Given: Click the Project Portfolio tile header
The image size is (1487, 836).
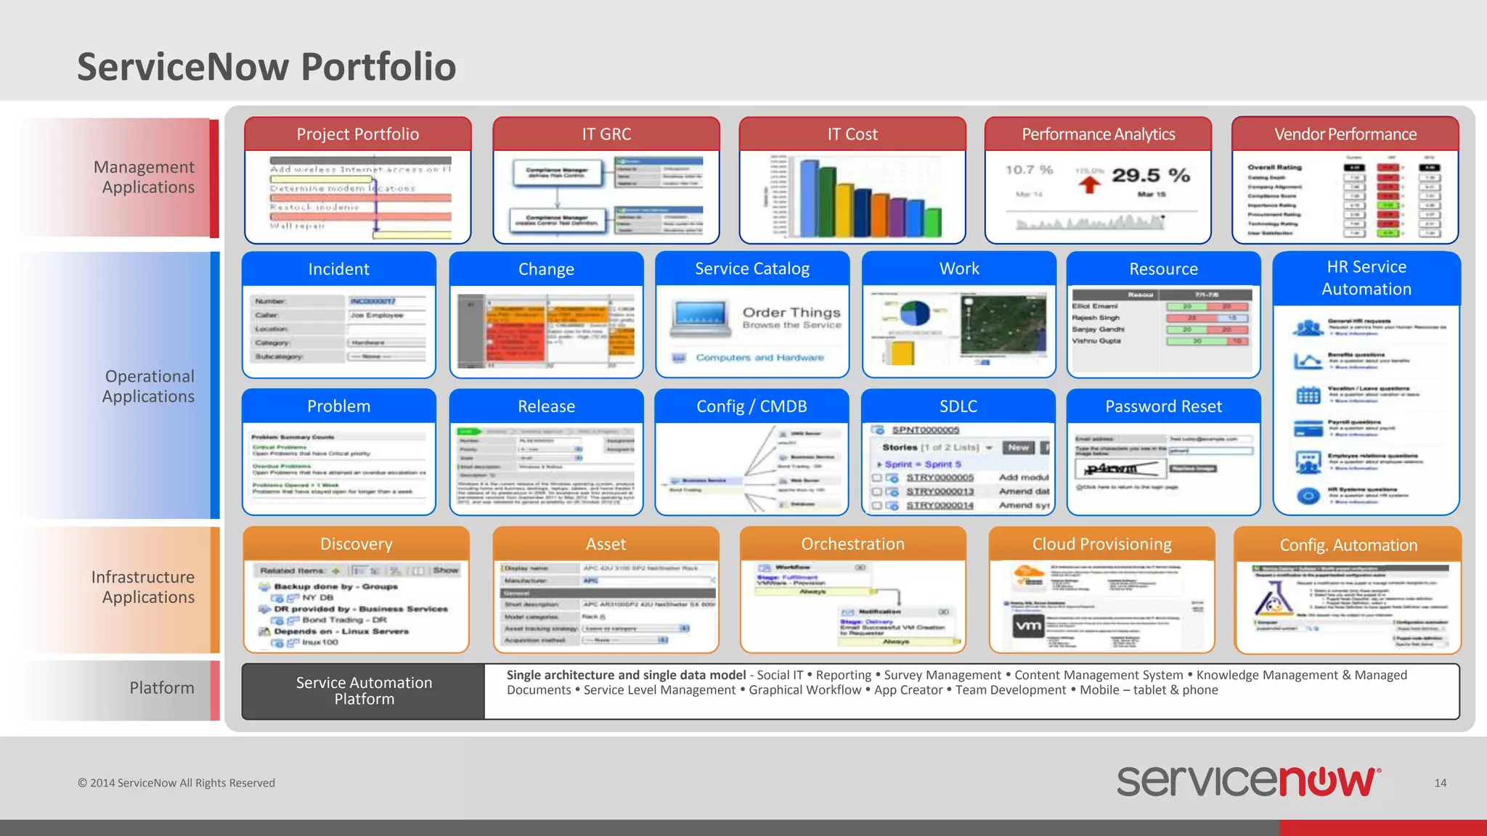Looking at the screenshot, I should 357,134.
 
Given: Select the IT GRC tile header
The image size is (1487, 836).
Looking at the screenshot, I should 606,134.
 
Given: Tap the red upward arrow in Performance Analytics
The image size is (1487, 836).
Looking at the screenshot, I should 1089,184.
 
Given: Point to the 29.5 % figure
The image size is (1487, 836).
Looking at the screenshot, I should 1151,176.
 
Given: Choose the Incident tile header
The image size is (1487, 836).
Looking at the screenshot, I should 338,269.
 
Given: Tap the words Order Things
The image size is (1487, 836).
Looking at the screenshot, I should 791,312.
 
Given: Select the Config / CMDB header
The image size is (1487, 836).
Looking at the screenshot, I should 751,406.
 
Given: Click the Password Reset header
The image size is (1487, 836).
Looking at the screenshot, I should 1163,406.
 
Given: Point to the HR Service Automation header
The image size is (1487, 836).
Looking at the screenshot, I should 1366,278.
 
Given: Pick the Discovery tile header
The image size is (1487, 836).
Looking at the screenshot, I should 356,544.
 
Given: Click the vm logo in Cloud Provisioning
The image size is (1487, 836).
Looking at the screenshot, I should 1028,626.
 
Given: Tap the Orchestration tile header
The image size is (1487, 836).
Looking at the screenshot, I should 852,544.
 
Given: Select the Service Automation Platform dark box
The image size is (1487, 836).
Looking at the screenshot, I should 364,691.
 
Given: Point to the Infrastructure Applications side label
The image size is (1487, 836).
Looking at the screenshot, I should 143,587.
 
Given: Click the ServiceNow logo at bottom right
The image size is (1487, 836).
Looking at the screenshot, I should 1248,782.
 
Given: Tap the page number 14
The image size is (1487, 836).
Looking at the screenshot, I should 1441,783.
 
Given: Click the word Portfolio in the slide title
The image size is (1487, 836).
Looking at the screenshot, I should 378,67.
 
